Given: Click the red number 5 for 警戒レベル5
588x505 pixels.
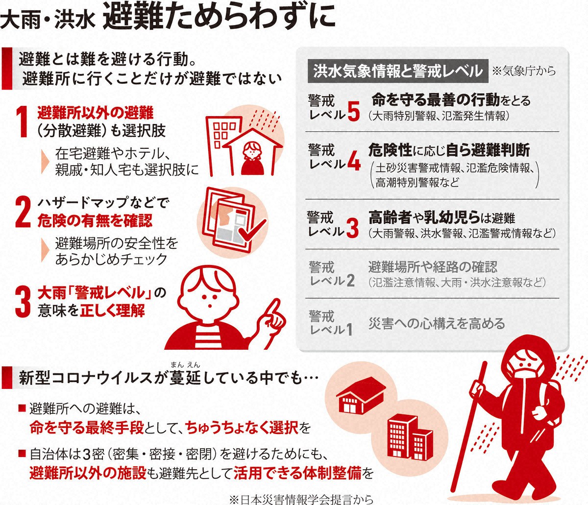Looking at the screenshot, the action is click(354, 112).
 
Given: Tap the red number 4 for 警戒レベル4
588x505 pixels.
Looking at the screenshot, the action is click(354, 162).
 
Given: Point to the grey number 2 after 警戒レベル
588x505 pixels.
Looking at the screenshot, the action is click(350, 281).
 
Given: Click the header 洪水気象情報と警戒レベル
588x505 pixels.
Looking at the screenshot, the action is click(398, 71).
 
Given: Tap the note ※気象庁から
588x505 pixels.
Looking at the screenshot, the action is click(524, 71).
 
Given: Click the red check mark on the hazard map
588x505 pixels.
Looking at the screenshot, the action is click(252, 231).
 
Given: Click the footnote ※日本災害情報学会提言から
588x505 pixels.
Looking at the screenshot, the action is click(301, 500).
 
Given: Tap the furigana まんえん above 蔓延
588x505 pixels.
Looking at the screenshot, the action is click(186, 365).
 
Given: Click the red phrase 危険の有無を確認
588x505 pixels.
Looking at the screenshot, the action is click(95, 220).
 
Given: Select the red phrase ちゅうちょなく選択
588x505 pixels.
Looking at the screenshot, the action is click(242, 427).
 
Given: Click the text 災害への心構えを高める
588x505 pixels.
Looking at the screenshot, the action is click(437, 323).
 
